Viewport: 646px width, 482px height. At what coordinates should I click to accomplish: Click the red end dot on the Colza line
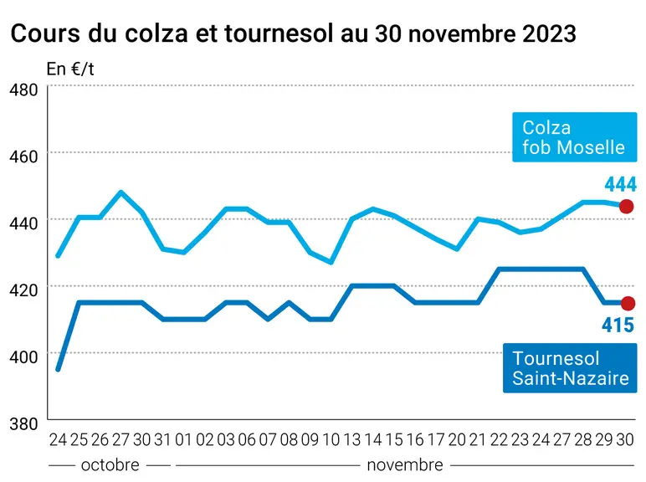pos(626,206)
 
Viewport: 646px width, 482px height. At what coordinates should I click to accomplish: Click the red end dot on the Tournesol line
pos(628,303)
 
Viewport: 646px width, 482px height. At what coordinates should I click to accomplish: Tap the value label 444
pos(620,184)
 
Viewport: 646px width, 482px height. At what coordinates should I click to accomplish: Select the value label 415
pos(618,325)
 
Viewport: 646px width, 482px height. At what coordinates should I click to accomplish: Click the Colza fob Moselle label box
pos(574,136)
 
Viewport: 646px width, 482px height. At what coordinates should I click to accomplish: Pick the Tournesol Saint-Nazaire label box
pos(570,368)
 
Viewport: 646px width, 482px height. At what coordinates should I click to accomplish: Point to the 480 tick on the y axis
pos(23,90)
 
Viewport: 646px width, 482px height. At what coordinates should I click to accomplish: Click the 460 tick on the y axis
pos(23,156)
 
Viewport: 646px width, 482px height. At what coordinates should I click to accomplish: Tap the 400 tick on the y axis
pos(23,356)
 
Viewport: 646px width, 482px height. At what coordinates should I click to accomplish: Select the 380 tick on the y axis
pos(23,423)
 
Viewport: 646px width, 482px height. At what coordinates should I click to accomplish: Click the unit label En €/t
pos(70,69)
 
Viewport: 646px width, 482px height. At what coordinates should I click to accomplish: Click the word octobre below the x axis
pos(110,465)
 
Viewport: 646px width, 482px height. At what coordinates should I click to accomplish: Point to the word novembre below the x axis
pos(405,465)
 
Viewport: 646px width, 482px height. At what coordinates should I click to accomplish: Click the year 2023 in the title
pos(549,33)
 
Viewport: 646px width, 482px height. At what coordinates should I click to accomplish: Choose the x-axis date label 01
pos(184,440)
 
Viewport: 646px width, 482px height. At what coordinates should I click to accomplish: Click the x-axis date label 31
pos(162,440)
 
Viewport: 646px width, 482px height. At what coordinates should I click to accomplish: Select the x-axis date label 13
pos(351,440)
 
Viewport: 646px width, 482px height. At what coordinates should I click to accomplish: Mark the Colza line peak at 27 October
pos(120,192)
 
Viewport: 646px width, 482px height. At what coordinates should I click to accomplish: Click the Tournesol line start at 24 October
pos(58,369)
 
